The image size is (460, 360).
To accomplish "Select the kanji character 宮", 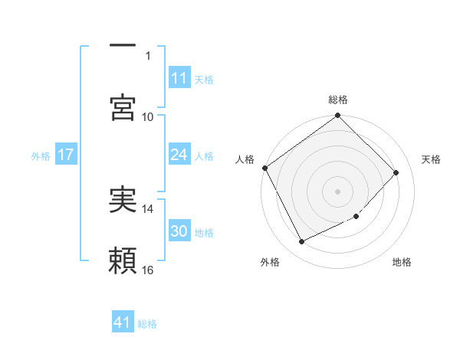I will pos(123,107).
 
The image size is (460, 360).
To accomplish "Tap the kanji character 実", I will pos(123,199).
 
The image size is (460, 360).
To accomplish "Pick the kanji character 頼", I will pos(123,261).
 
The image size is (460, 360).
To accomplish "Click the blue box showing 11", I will pos(179,78).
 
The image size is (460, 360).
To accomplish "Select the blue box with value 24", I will pos(179,155).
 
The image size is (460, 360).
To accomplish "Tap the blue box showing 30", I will pos(179,231).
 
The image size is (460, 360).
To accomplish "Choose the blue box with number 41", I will pos(123,322).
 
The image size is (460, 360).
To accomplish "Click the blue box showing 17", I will pos(65,155).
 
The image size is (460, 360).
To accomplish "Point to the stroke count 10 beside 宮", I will pos(148,116).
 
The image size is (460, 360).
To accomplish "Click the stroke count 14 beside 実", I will pos(148,208).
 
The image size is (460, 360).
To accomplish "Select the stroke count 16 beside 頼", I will pos(148,270).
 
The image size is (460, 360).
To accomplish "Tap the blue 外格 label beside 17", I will pos(41,155).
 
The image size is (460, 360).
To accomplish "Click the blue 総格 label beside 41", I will pos(147,323).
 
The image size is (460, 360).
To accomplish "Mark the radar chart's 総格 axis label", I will pos(338,100).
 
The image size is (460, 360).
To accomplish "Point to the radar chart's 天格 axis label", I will pos(432,159).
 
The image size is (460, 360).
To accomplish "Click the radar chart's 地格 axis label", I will pos(402,263).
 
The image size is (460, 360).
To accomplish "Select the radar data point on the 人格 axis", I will pos(264,168).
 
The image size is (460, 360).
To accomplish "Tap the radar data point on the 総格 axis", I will pos(338,116).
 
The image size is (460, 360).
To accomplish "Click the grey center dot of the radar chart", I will pos(338,191).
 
